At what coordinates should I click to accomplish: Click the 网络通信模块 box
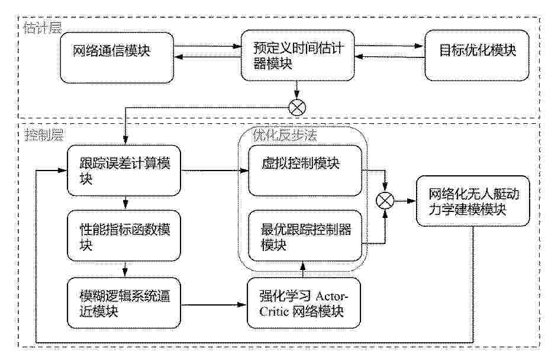click(x=117, y=57)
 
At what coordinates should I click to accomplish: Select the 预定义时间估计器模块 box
click(x=298, y=55)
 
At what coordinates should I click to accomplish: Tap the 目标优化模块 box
click(x=477, y=55)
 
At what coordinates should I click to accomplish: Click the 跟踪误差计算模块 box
click(x=124, y=171)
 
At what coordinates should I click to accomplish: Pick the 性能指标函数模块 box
click(x=124, y=236)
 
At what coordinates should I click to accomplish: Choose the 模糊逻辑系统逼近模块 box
click(x=124, y=303)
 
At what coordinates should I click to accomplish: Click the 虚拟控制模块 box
click(x=305, y=171)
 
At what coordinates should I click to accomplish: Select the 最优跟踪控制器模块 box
click(x=305, y=236)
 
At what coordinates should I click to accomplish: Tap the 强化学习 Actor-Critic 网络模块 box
click(x=304, y=303)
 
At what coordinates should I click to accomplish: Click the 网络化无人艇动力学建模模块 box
click(x=473, y=201)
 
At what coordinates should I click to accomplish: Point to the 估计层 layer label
click(x=43, y=28)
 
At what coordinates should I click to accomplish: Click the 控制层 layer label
click(x=44, y=134)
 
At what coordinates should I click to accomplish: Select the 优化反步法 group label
click(x=285, y=135)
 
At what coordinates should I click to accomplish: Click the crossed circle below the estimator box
click(x=298, y=107)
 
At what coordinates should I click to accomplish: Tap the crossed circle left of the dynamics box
click(x=385, y=201)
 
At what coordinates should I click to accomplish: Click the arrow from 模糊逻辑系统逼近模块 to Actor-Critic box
click(x=214, y=305)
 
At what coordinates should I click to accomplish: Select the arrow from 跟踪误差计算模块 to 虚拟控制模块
click(x=215, y=171)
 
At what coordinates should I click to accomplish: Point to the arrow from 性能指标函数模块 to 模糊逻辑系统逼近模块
click(x=125, y=269)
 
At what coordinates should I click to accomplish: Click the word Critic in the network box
click(x=274, y=311)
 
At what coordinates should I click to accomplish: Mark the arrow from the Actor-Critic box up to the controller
click(x=303, y=269)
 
